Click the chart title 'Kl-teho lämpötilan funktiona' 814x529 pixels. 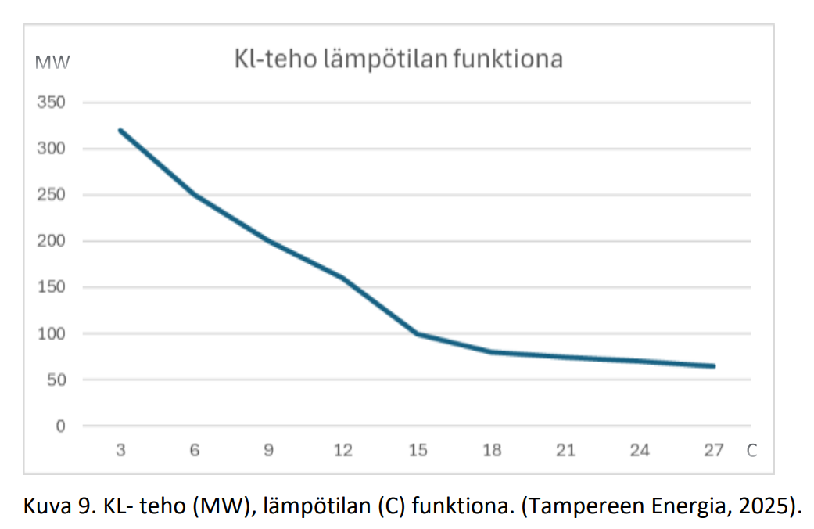tap(399, 59)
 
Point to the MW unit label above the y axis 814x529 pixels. tap(52, 62)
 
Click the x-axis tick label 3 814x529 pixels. tap(121, 451)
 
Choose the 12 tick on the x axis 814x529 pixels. tap(343, 451)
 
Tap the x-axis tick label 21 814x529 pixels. tap(565, 451)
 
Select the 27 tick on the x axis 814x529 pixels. tap(713, 451)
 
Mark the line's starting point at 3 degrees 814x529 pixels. tap(121, 131)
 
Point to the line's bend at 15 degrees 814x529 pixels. tap(418, 334)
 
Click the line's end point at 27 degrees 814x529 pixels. tap(713, 366)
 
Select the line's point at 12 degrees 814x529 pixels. tap(343, 279)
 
